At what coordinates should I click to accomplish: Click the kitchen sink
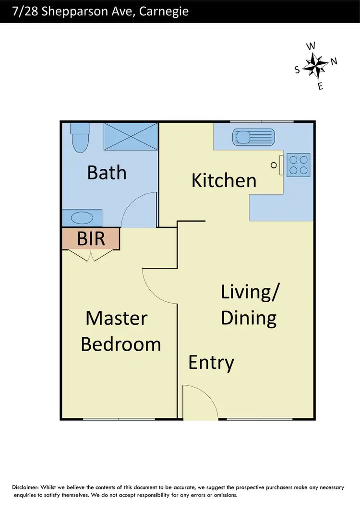252,136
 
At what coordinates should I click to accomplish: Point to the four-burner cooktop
298,164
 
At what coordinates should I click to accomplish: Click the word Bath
107,172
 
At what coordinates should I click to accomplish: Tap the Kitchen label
224,180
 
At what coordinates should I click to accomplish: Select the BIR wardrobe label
91,238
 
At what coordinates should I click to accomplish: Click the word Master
116,318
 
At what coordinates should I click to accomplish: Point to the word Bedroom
120,344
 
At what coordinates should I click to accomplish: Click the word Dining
249,318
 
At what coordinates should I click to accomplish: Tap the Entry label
211,362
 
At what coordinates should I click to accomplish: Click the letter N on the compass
334,61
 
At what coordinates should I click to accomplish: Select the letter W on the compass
311,46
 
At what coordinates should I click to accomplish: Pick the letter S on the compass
297,70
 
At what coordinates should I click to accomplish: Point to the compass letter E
321,86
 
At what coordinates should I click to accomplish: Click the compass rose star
316,66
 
